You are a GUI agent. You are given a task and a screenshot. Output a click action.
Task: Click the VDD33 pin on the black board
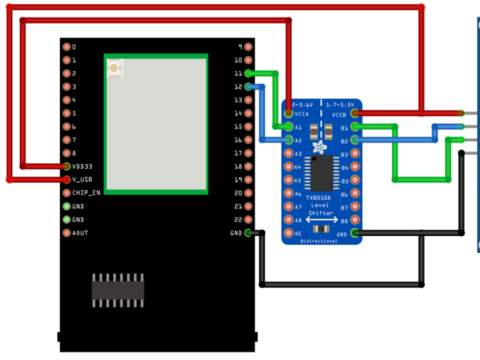[x=67, y=166]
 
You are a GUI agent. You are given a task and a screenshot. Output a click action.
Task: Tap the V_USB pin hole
[x=67, y=180]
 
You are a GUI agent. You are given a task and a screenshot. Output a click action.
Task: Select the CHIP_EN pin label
[x=86, y=193]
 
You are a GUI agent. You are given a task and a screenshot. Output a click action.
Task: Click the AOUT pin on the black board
[x=67, y=233]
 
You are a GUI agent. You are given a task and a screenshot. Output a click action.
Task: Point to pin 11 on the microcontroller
[x=248, y=74]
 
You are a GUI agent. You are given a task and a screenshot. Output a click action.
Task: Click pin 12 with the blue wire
[x=248, y=87]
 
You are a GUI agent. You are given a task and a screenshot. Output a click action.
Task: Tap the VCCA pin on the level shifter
[x=289, y=114]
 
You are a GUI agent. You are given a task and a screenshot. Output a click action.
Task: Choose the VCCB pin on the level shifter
[x=356, y=114]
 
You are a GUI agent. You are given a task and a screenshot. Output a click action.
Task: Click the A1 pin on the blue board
[x=289, y=127]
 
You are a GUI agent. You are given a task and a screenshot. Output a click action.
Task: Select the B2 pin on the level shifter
[x=356, y=141]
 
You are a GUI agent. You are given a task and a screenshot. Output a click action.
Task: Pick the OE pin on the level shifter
[x=289, y=234]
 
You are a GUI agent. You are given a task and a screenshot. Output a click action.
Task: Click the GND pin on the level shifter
[x=356, y=234]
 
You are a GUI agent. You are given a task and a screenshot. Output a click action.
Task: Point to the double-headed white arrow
[x=321, y=219]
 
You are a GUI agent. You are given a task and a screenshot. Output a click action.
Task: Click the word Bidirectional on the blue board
[x=318, y=241]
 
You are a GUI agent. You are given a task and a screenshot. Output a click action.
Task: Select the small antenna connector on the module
[x=114, y=68]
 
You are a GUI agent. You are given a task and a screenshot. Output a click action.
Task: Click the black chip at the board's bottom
[x=118, y=290]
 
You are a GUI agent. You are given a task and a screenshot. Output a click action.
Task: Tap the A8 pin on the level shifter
[x=289, y=220]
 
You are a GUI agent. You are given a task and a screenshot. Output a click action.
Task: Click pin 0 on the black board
[x=67, y=47]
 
